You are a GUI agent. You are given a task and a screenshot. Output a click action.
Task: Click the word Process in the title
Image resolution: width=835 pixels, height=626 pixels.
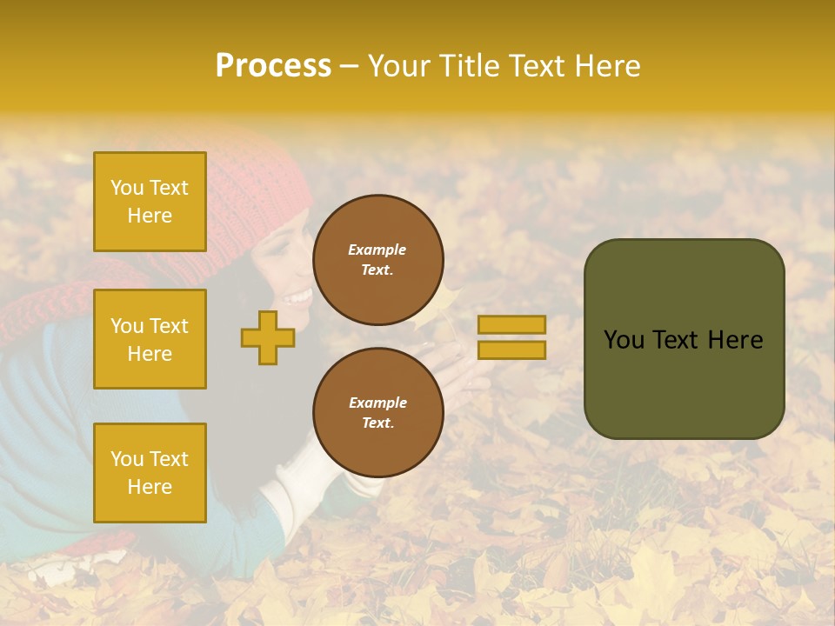coord(273,66)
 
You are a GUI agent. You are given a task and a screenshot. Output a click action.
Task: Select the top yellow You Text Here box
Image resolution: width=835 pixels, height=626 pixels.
coord(150,202)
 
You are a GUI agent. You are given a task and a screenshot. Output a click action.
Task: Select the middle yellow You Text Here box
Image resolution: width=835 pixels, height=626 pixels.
coord(150,339)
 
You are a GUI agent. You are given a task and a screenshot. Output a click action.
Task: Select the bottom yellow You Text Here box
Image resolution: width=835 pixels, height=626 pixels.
coord(150,473)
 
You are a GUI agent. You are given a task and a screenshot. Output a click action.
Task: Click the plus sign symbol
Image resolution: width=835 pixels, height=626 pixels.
coord(268,337)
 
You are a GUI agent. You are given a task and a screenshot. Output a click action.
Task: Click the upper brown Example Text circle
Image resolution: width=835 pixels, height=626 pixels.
coord(377,260)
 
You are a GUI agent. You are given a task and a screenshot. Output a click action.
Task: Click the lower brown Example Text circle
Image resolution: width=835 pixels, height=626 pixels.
coord(377,412)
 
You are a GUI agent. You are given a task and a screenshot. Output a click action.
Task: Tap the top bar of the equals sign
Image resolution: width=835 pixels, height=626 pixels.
coord(511,324)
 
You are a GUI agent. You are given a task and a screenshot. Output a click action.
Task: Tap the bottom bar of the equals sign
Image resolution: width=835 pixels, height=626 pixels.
coord(511,350)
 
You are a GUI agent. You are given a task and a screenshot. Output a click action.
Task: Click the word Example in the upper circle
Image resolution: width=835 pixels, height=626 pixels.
coord(377,250)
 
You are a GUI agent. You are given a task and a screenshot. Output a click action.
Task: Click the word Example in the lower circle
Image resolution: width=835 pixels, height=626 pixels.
coord(377,403)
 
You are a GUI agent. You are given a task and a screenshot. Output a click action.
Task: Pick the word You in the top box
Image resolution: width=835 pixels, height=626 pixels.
coord(127,188)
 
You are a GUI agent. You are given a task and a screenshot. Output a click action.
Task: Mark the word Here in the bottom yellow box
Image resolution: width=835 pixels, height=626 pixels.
coord(150,487)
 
